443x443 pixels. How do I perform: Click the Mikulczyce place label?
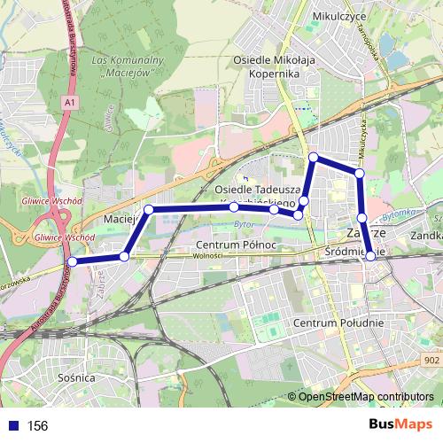pyautogui.click(x=341, y=16)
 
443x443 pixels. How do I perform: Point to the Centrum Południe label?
pyautogui.click(x=342, y=323)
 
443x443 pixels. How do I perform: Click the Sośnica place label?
pyautogui.click(x=75, y=377)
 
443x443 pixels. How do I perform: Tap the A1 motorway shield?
pyautogui.click(x=68, y=104)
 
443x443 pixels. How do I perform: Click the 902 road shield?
pyautogui.click(x=431, y=361)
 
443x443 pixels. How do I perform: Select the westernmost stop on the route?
pyautogui.click(x=73, y=261)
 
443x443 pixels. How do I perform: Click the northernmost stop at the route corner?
pyautogui.click(x=313, y=158)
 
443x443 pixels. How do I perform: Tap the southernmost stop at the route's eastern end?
pyautogui.click(x=369, y=256)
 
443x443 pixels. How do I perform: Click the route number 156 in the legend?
pyautogui.click(x=37, y=426)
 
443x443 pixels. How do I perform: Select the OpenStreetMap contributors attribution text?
pyautogui.click(x=366, y=396)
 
